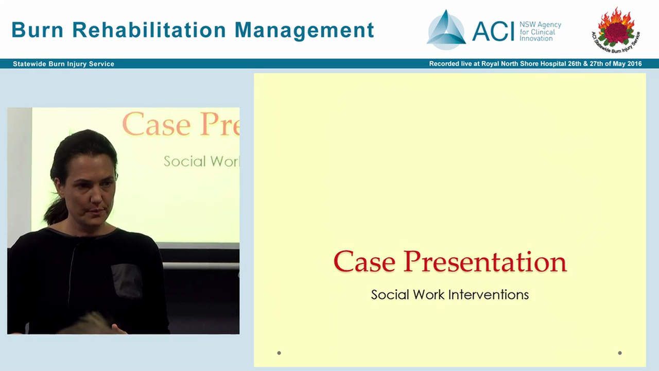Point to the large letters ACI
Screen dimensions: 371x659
(x=493, y=31)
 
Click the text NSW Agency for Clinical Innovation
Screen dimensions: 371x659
(x=540, y=31)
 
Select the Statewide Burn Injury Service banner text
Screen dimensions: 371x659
(x=63, y=64)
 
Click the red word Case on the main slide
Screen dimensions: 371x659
(x=364, y=261)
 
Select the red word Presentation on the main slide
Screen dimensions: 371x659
(x=484, y=261)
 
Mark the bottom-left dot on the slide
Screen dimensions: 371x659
(x=279, y=353)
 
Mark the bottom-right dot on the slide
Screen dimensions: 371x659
(x=620, y=353)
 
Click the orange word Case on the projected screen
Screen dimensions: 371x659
(x=156, y=124)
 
